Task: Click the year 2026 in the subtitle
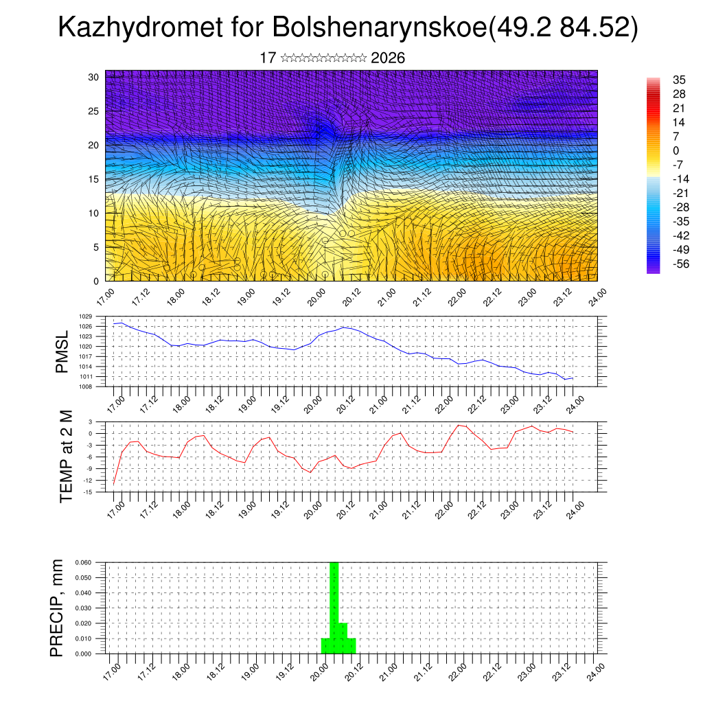pyautogui.click(x=387, y=58)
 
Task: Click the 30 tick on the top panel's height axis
pyautogui.click(x=93, y=77)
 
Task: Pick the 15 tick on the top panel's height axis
pyautogui.click(x=93, y=179)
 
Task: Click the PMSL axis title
pyautogui.click(x=62, y=351)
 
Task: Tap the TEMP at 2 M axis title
pyautogui.click(x=65, y=457)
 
